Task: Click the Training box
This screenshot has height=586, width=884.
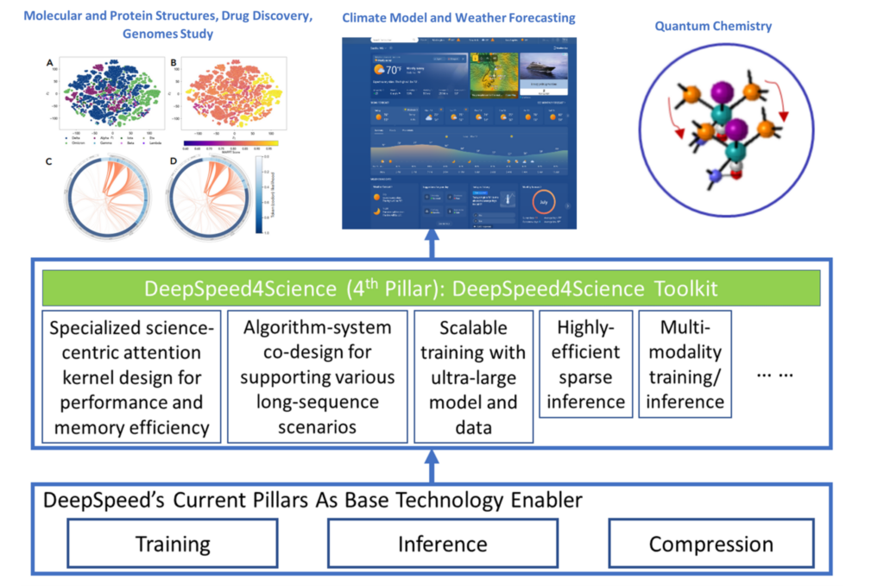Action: point(173,544)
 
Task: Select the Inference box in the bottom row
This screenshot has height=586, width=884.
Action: point(442,544)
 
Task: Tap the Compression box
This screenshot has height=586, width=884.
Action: point(711,544)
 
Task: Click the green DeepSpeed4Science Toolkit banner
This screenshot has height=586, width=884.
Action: point(432,288)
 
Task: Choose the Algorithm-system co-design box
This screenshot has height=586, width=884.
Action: point(316,377)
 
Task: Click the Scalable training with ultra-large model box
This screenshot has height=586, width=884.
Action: point(473,377)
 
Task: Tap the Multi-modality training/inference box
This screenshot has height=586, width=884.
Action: point(685,364)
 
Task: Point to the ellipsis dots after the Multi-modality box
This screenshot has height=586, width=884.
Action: point(774,376)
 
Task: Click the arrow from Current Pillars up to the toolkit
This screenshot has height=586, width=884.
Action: point(432,466)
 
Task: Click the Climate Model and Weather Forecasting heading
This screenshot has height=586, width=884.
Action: point(458,18)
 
